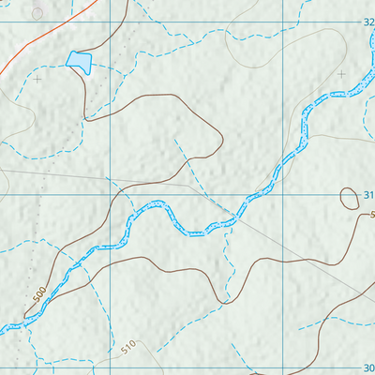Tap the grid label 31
368,195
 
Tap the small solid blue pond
79,61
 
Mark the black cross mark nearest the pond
37,80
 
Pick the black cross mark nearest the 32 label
341,73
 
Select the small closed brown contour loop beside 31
349,197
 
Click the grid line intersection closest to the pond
110,21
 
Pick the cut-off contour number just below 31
371,216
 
